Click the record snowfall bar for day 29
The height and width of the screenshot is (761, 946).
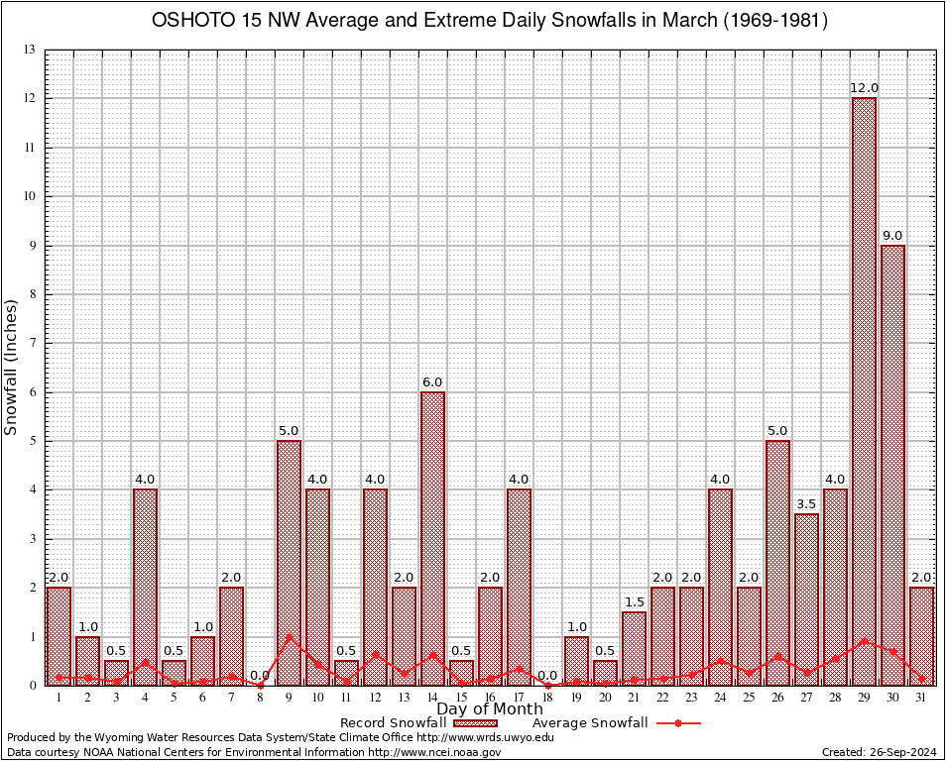coord(864,390)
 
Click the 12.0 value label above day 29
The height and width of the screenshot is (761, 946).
coord(864,88)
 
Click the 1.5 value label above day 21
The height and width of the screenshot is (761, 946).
coord(634,602)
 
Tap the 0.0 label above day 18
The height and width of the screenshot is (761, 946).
coord(547,676)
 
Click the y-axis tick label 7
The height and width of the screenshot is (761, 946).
coord(33,343)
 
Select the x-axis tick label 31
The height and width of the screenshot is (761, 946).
coord(921,698)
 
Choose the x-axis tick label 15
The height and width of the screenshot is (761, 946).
coord(461,698)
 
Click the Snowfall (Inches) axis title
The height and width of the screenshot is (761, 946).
coord(12,368)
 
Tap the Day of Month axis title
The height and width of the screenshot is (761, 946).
coord(490,709)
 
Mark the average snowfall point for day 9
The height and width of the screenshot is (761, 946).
coord(289,636)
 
